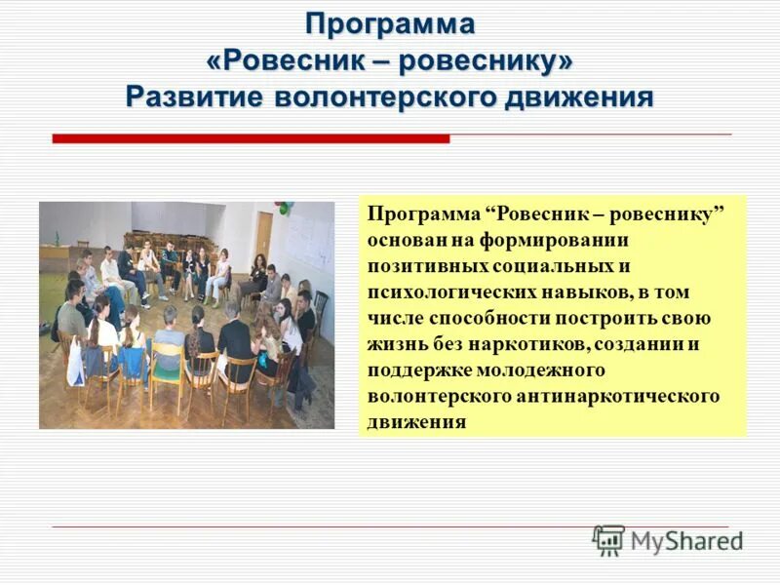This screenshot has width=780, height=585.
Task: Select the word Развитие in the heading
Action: tap(195, 97)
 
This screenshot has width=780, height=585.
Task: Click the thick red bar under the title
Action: tap(251, 139)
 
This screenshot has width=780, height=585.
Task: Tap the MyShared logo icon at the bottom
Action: tap(608, 539)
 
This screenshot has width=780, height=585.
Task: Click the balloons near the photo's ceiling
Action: tap(284, 208)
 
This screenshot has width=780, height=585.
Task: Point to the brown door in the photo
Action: tap(263, 234)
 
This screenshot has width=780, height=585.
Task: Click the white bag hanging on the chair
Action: tap(75, 362)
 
